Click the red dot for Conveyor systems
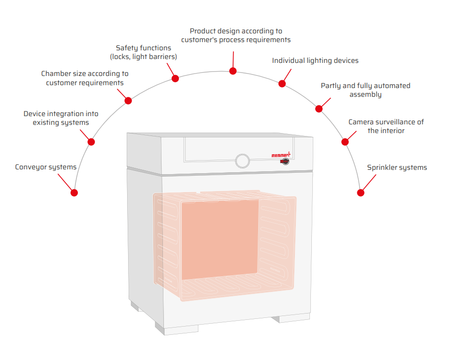click(x=74, y=193)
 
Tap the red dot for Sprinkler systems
click(x=360, y=193)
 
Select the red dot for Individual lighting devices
click(x=282, y=84)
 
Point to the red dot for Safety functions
click(x=175, y=78)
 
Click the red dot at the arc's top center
click(x=233, y=71)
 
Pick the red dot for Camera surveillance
click(x=345, y=142)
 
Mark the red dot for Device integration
click(x=91, y=142)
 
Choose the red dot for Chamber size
click(x=128, y=101)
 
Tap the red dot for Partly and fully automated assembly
click(x=319, y=109)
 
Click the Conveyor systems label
click(x=46, y=167)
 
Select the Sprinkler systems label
click(x=397, y=167)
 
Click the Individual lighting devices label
click(x=315, y=60)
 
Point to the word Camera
click(x=362, y=122)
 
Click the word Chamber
click(x=57, y=74)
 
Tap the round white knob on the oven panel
click(x=242, y=160)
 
